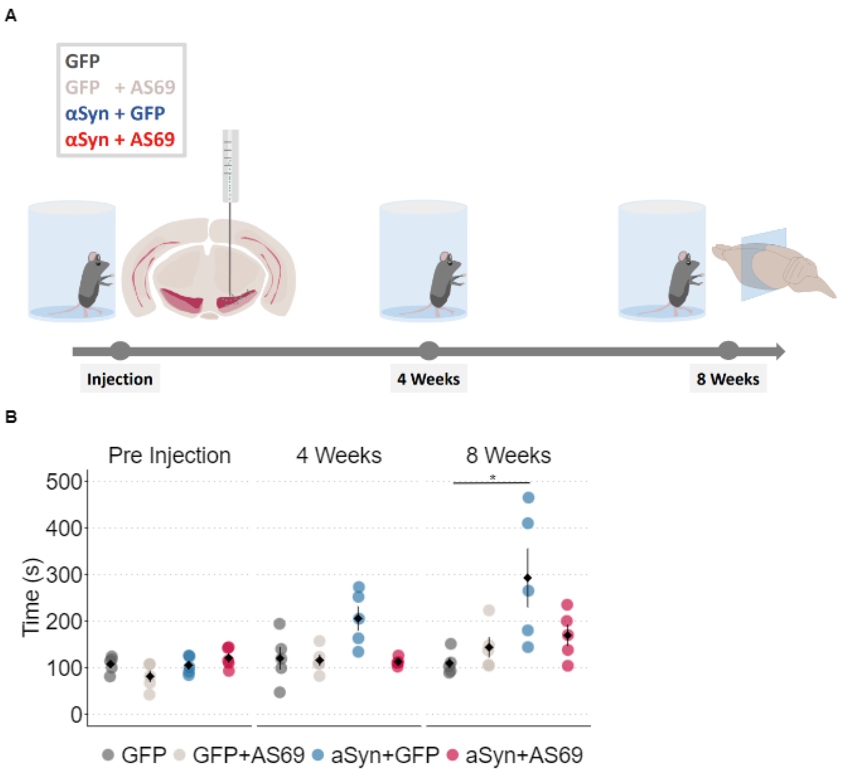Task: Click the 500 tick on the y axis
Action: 64,482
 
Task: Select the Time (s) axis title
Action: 32,598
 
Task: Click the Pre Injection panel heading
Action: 169,455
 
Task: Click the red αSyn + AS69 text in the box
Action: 120,139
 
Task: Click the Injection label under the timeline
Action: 120,379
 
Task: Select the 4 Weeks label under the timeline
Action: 428,379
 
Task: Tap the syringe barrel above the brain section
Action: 231,166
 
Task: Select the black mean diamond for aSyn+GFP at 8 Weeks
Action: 528,578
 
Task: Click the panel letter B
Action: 11,417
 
